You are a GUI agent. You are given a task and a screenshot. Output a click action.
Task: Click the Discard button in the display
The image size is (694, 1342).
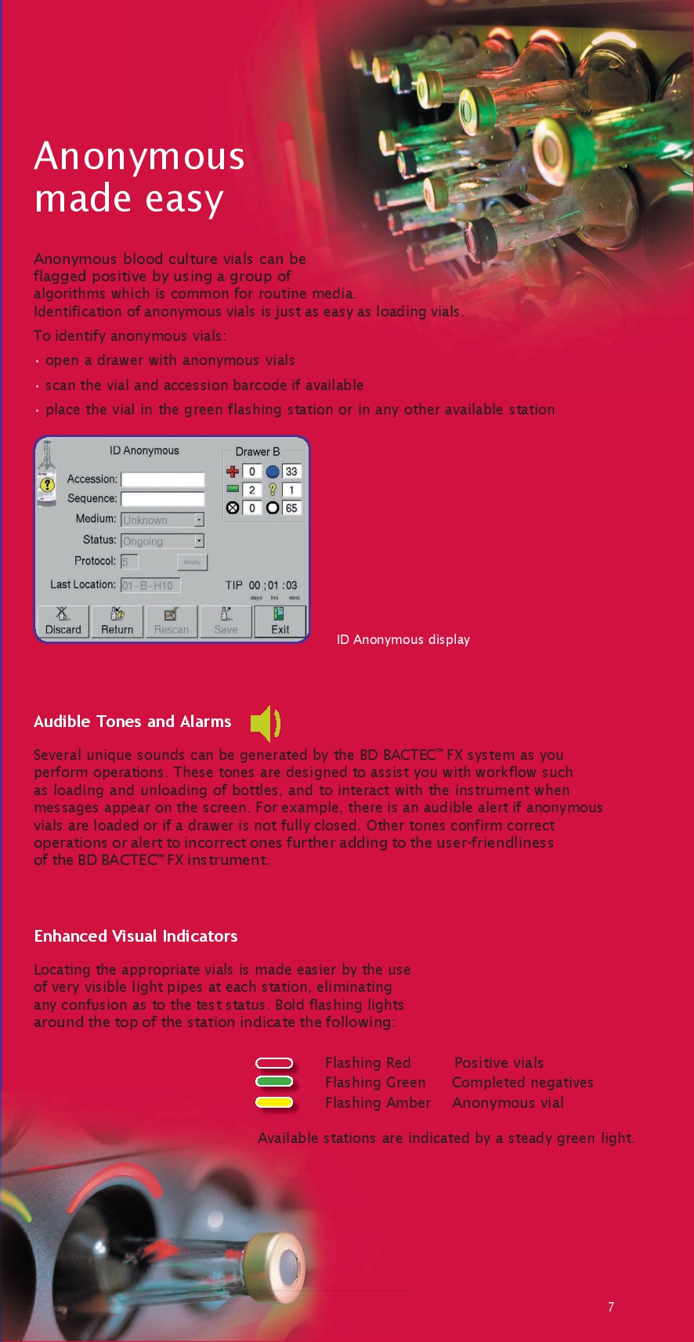[63, 621]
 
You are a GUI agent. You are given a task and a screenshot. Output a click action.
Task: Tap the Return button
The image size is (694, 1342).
[117, 621]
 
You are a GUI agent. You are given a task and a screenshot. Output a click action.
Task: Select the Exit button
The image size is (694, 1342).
[280, 621]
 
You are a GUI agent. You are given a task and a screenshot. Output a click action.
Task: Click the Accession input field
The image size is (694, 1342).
[163, 479]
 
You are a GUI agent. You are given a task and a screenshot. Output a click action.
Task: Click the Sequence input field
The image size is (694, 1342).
[163, 499]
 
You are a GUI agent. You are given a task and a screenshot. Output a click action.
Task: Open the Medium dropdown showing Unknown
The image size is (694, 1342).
[199, 520]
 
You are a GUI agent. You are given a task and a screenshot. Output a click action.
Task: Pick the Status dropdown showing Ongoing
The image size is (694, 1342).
[199, 541]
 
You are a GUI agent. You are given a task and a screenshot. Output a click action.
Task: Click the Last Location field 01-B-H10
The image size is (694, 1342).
[150, 585]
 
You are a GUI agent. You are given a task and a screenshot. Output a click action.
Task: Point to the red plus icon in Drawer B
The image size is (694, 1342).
[233, 472]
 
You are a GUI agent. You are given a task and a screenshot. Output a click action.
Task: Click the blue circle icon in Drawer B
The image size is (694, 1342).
[273, 472]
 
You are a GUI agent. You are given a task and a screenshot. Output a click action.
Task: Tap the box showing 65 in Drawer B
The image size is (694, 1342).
[291, 508]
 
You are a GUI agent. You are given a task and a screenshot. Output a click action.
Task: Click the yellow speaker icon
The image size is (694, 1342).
[265, 723]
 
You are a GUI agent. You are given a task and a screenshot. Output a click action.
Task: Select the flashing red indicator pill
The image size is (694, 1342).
[274, 1063]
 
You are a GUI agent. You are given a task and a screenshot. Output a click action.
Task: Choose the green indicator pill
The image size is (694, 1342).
[274, 1082]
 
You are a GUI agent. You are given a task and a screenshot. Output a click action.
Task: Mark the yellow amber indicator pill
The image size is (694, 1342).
[274, 1102]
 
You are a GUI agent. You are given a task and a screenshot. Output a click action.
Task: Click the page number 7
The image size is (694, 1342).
[611, 1307]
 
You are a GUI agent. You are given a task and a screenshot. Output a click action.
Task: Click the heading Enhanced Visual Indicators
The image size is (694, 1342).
[136, 936]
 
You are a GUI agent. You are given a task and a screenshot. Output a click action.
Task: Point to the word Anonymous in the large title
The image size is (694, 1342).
[139, 157]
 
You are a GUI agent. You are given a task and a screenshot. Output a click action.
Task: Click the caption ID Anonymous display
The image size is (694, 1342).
[403, 639]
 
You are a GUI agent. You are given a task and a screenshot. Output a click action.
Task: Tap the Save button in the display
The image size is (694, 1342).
[226, 621]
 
